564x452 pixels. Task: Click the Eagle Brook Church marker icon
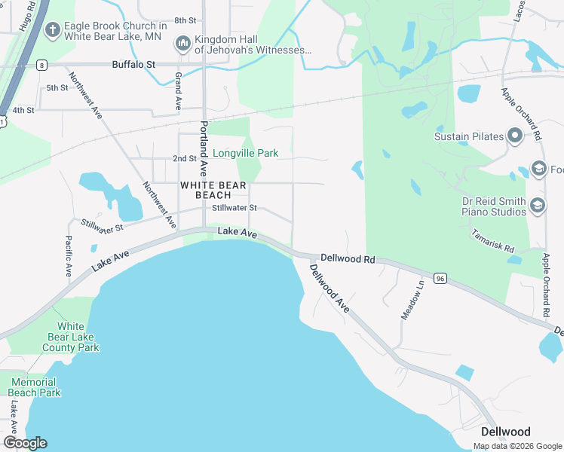click(52, 30)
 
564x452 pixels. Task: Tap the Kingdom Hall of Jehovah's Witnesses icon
click(182, 44)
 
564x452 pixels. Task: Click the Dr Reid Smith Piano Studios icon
click(538, 206)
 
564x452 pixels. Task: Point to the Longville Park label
click(245, 153)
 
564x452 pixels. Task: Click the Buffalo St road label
click(133, 65)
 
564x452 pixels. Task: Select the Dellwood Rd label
click(348, 258)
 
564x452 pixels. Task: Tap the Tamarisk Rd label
click(493, 242)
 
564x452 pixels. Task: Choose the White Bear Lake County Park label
click(71, 337)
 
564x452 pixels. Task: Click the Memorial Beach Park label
click(35, 387)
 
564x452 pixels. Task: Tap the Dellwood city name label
click(505, 432)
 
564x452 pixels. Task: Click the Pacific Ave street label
click(68, 256)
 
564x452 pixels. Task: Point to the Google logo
click(25, 443)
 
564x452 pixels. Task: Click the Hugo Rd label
click(28, 16)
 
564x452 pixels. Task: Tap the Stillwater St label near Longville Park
click(234, 208)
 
